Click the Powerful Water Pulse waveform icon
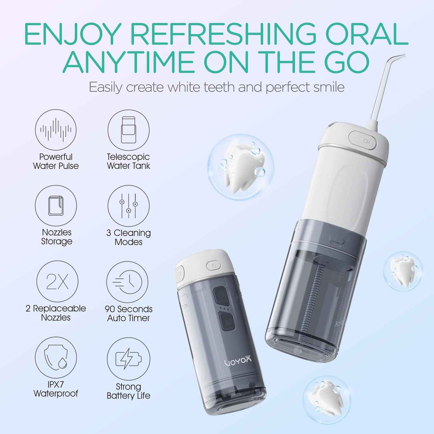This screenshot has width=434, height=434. point(56,130)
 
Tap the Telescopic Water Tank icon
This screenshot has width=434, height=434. point(129,130)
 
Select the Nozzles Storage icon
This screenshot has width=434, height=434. point(56,206)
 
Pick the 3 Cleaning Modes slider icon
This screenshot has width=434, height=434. point(129,206)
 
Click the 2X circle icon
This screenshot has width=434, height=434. point(57,281)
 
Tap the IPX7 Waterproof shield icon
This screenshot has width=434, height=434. point(56,357)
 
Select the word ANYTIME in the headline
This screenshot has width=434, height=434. point(129,62)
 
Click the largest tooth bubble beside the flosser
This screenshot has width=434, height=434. point(241,167)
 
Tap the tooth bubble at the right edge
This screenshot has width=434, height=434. point(403,271)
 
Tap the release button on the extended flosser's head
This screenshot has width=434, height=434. point(363,140)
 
